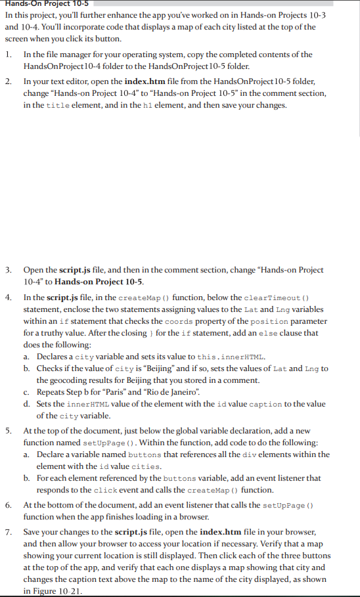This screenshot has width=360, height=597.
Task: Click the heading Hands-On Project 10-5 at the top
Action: click(43, 4)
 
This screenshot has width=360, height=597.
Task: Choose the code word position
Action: click(269, 321)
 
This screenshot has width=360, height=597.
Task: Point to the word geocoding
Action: click(57, 380)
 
